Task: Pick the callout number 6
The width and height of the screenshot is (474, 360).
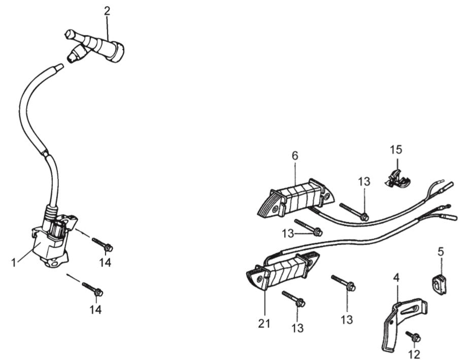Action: click(294, 156)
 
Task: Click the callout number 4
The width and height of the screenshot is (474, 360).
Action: click(396, 277)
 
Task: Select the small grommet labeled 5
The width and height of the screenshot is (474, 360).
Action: click(439, 284)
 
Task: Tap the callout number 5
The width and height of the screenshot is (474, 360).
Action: click(441, 251)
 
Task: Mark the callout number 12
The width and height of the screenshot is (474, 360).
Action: click(414, 354)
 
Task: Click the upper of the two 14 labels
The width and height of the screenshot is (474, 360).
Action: click(105, 263)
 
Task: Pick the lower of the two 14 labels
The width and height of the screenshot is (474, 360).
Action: click(95, 309)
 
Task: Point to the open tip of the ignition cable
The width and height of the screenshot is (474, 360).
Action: click(60, 66)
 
